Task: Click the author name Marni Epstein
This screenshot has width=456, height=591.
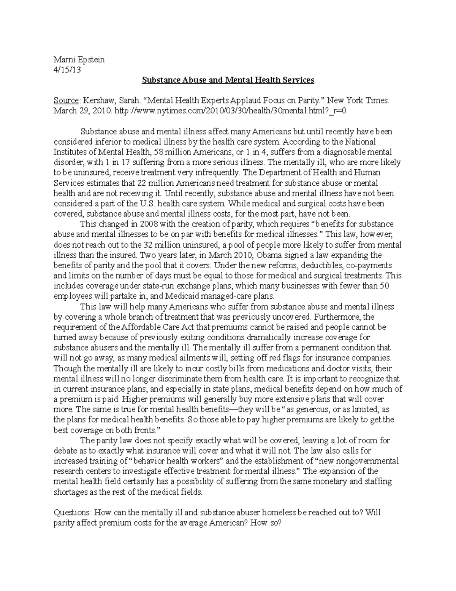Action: [x=79, y=59]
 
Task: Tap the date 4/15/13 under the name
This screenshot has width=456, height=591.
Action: [x=67, y=70]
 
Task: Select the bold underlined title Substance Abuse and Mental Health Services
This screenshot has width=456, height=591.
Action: [x=228, y=80]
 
